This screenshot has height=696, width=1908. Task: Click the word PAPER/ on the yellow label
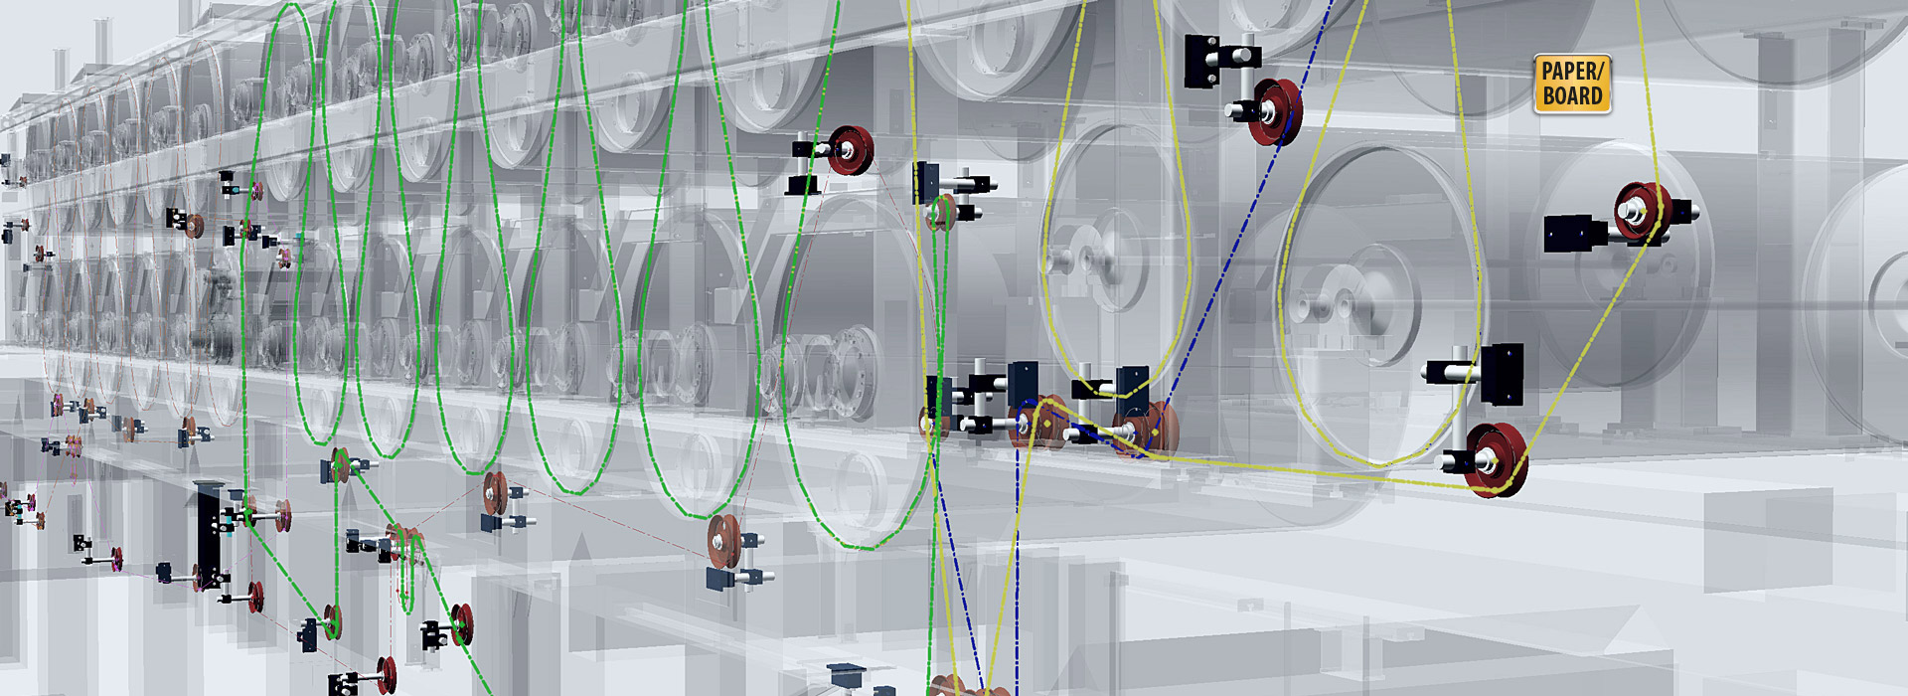click(x=1572, y=71)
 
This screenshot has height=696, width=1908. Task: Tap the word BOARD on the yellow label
click(x=1572, y=95)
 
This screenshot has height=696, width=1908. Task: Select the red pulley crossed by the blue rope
click(x=1277, y=111)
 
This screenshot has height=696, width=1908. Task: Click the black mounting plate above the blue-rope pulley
click(x=1202, y=60)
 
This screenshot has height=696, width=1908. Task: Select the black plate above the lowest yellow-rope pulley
click(x=1501, y=373)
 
